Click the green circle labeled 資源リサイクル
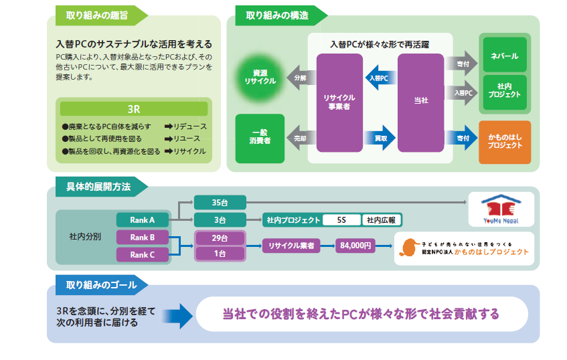[x=260, y=76]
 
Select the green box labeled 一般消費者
[x=260, y=137]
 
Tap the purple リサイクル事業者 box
[x=340, y=102]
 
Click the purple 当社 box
[x=421, y=102]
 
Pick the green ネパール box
[x=505, y=56]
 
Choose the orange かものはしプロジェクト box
[x=505, y=141]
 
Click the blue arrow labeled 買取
[x=380, y=137]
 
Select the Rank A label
[x=143, y=219]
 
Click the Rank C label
[x=143, y=255]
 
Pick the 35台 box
[x=220, y=201]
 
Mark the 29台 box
[x=220, y=238]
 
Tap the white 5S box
[x=341, y=219]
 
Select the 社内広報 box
[x=382, y=219]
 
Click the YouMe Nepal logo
[x=501, y=209]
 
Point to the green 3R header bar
[x=134, y=108]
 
